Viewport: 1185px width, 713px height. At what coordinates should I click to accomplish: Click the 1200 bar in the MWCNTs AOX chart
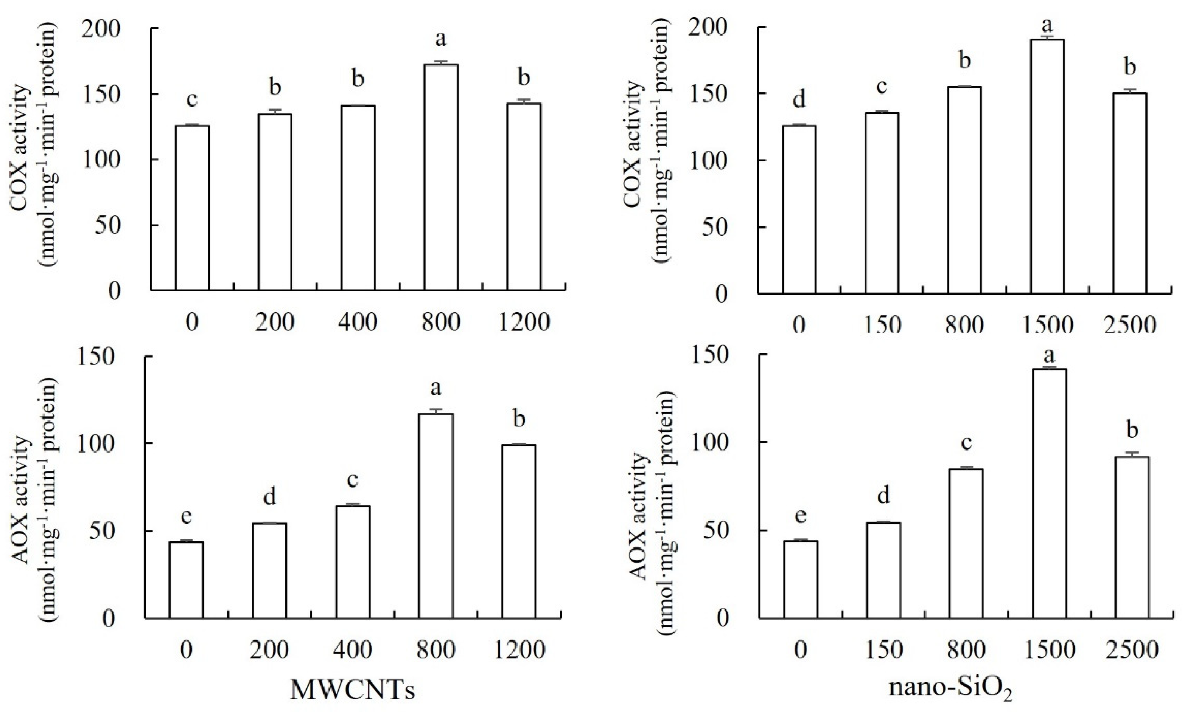519,531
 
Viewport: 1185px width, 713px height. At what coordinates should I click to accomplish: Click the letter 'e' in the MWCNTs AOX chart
187,516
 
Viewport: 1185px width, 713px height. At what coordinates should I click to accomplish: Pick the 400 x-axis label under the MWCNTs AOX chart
352,651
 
